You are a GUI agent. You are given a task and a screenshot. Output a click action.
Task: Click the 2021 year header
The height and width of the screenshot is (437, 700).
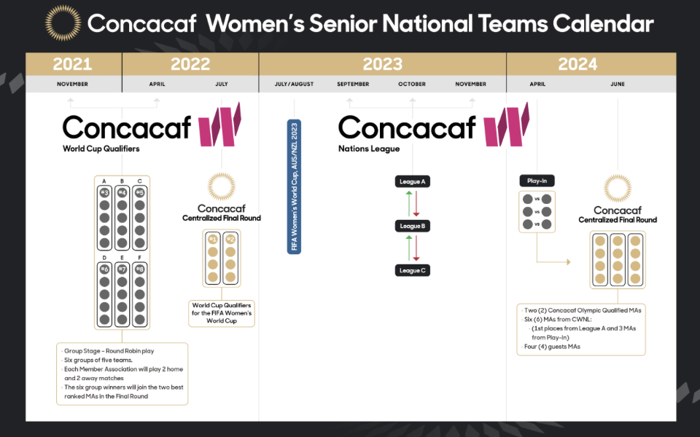(72, 64)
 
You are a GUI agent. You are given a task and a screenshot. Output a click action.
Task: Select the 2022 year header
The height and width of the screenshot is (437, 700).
(190, 64)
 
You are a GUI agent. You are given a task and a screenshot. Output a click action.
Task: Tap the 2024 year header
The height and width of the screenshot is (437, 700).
(577, 64)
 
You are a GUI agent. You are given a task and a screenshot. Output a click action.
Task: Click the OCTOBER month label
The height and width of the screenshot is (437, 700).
(412, 84)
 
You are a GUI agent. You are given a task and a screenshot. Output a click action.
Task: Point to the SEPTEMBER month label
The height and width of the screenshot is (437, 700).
(353, 84)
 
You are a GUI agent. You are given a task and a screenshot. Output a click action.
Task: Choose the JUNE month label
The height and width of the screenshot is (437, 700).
(618, 84)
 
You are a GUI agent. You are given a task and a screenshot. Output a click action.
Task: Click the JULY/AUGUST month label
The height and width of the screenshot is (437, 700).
(294, 84)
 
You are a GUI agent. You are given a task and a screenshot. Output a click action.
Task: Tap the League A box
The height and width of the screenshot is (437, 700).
(413, 181)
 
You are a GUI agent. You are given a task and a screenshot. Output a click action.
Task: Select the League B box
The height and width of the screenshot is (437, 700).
(413, 226)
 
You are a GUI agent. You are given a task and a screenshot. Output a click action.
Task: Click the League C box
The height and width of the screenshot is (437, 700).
(413, 270)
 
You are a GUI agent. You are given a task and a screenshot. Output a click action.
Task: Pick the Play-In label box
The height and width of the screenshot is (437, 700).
(537, 181)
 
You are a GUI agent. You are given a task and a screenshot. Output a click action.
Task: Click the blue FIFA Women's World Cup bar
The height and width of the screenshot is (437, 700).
(294, 187)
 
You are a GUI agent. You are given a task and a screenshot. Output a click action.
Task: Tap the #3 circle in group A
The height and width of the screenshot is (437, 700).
(104, 193)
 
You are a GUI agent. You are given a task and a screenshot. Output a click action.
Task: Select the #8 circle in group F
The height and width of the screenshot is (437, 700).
(140, 269)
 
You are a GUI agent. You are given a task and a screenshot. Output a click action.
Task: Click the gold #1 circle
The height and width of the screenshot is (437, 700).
(213, 240)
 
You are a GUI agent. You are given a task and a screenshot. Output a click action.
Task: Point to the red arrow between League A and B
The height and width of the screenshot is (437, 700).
(416, 204)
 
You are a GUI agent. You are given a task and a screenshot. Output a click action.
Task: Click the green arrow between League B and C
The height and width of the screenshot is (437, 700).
(408, 248)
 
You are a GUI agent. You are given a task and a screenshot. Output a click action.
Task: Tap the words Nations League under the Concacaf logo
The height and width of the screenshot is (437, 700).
(369, 149)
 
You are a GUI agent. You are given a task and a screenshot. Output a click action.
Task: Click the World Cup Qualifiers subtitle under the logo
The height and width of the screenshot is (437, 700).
(101, 149)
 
